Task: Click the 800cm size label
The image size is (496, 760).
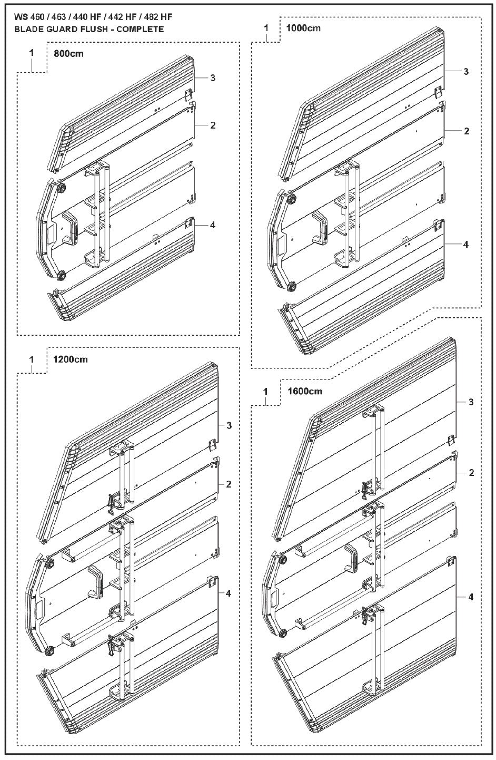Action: [68, 53]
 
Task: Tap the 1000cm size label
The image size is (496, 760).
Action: [303, 27]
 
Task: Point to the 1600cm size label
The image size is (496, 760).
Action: [305, 391]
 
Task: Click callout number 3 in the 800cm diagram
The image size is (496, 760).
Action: [212, 78]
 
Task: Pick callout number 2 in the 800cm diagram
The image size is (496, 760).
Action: [212, 125]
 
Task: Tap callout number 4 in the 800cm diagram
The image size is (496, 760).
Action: [212, 225]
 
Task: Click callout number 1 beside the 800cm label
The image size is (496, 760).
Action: [32, 53]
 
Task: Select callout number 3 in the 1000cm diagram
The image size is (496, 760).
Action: [466, 71]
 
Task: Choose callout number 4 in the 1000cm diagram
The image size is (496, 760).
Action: [466, 245]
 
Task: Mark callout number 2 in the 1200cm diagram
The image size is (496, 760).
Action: [229, 484]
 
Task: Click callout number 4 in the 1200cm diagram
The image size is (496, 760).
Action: [229, 593]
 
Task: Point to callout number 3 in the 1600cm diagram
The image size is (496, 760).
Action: [471, 402]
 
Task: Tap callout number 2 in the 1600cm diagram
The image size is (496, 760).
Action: [471, 473]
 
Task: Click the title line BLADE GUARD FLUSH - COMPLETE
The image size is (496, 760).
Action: [90, 29]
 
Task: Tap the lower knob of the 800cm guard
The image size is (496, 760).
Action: [62, 275]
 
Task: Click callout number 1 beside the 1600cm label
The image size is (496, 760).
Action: [266, 391]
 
